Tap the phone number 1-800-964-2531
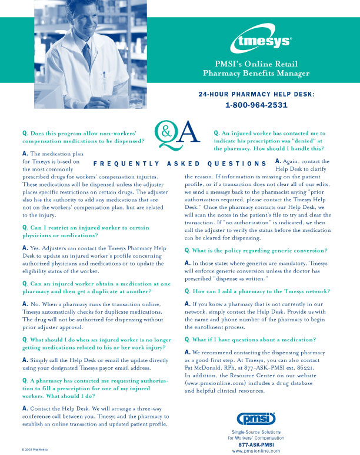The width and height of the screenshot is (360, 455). (256, 106)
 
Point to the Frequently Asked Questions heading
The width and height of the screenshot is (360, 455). (181, 164)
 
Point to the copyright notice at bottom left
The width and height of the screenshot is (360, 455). (35, 449)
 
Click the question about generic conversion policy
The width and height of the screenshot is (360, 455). (256, 251)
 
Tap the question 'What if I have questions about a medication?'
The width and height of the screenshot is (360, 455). (251, 340)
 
